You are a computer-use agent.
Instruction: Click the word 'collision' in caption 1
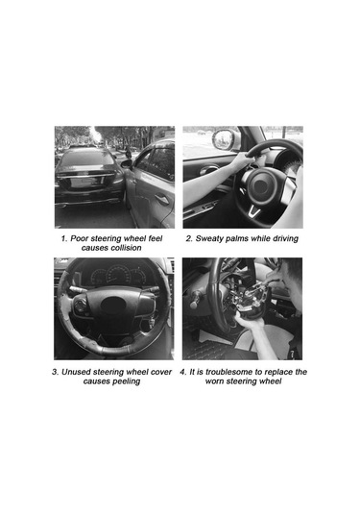(x=125, y=248)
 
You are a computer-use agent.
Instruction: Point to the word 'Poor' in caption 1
(x=80, y=238)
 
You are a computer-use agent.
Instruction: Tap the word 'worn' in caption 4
(x=213, y=381)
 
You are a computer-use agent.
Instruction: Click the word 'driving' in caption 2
(x=286, y=238)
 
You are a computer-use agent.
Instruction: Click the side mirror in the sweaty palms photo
(x=223, y=138)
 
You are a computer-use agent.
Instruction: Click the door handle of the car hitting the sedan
(x=162, y=200)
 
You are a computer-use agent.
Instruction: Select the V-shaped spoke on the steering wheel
(x=253, y=211)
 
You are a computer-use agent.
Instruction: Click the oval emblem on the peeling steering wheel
(x=113, y=305)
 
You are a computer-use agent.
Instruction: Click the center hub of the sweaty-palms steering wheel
(x=261, y=185)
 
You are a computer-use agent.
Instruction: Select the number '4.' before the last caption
(x=183, y=372)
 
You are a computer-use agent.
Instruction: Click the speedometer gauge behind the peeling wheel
(x=118, y=275)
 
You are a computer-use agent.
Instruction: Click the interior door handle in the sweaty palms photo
(x=209, y=170)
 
